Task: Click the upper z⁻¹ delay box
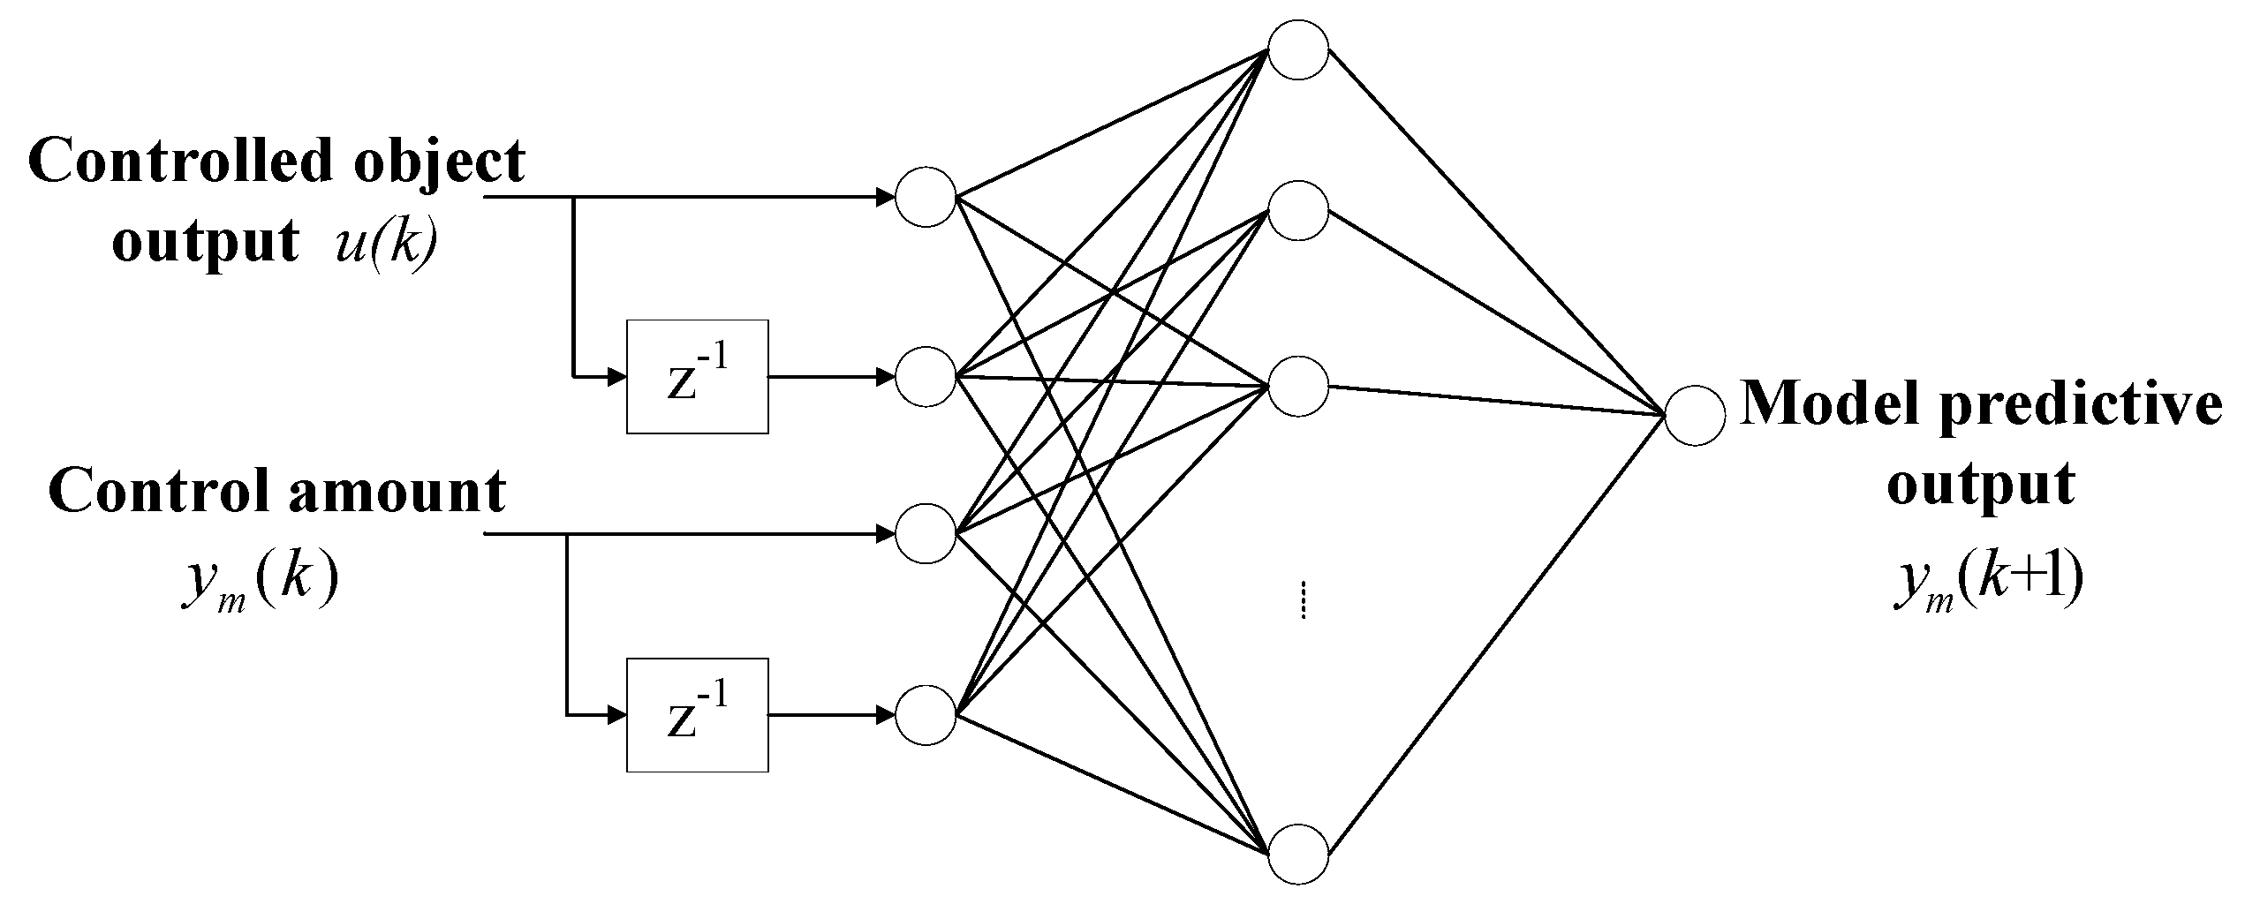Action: pyautogui.click(x=697, y=377)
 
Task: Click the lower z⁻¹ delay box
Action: pyautogui.click(x=697, y=715)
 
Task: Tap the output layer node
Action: pyautogui.click(x=1694, y=415)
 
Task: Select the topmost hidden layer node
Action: pyautogui.click(x=1297, y=49)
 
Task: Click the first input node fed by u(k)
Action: pyautogui.click(x=926, y=197)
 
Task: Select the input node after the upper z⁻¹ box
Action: pyautogui.click(x=926, y=377)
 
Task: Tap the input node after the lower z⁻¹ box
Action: pyautogui.click(x=926, y=715)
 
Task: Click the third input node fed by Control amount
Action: pyautogui.click(x=926, y=534)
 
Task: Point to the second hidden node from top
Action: pyautogui.click(x=1297, y=211)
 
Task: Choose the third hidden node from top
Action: pyautogui.click(x=1297, y=386)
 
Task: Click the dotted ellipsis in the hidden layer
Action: pyautogui.click(x=1304, y=600)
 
